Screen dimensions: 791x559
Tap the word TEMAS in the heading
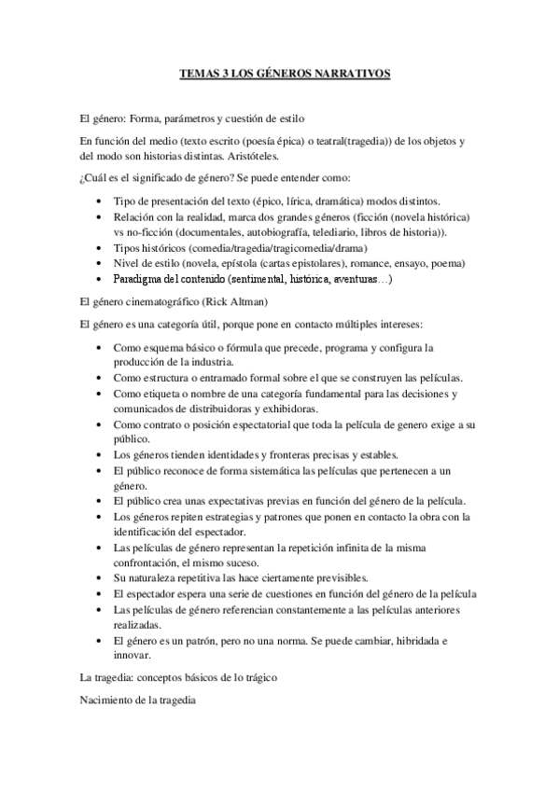point(199,72)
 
